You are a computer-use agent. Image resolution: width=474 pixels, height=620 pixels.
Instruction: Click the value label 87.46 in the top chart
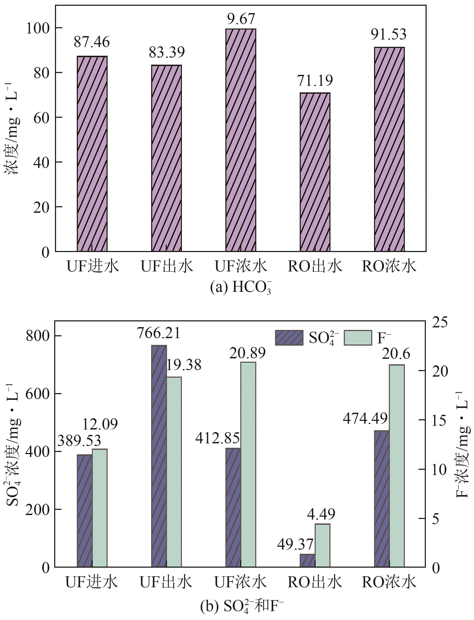92,42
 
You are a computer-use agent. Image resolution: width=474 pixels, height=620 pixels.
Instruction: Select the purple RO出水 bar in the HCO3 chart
315,172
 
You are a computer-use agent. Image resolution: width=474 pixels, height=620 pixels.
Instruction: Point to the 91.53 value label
388,34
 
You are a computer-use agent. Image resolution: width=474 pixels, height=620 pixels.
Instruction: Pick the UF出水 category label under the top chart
167,266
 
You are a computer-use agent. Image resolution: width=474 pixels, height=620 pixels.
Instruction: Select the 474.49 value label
365,418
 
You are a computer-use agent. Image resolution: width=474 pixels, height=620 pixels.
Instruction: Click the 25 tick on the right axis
440,322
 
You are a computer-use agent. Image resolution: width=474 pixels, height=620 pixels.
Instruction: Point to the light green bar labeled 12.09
100,508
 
